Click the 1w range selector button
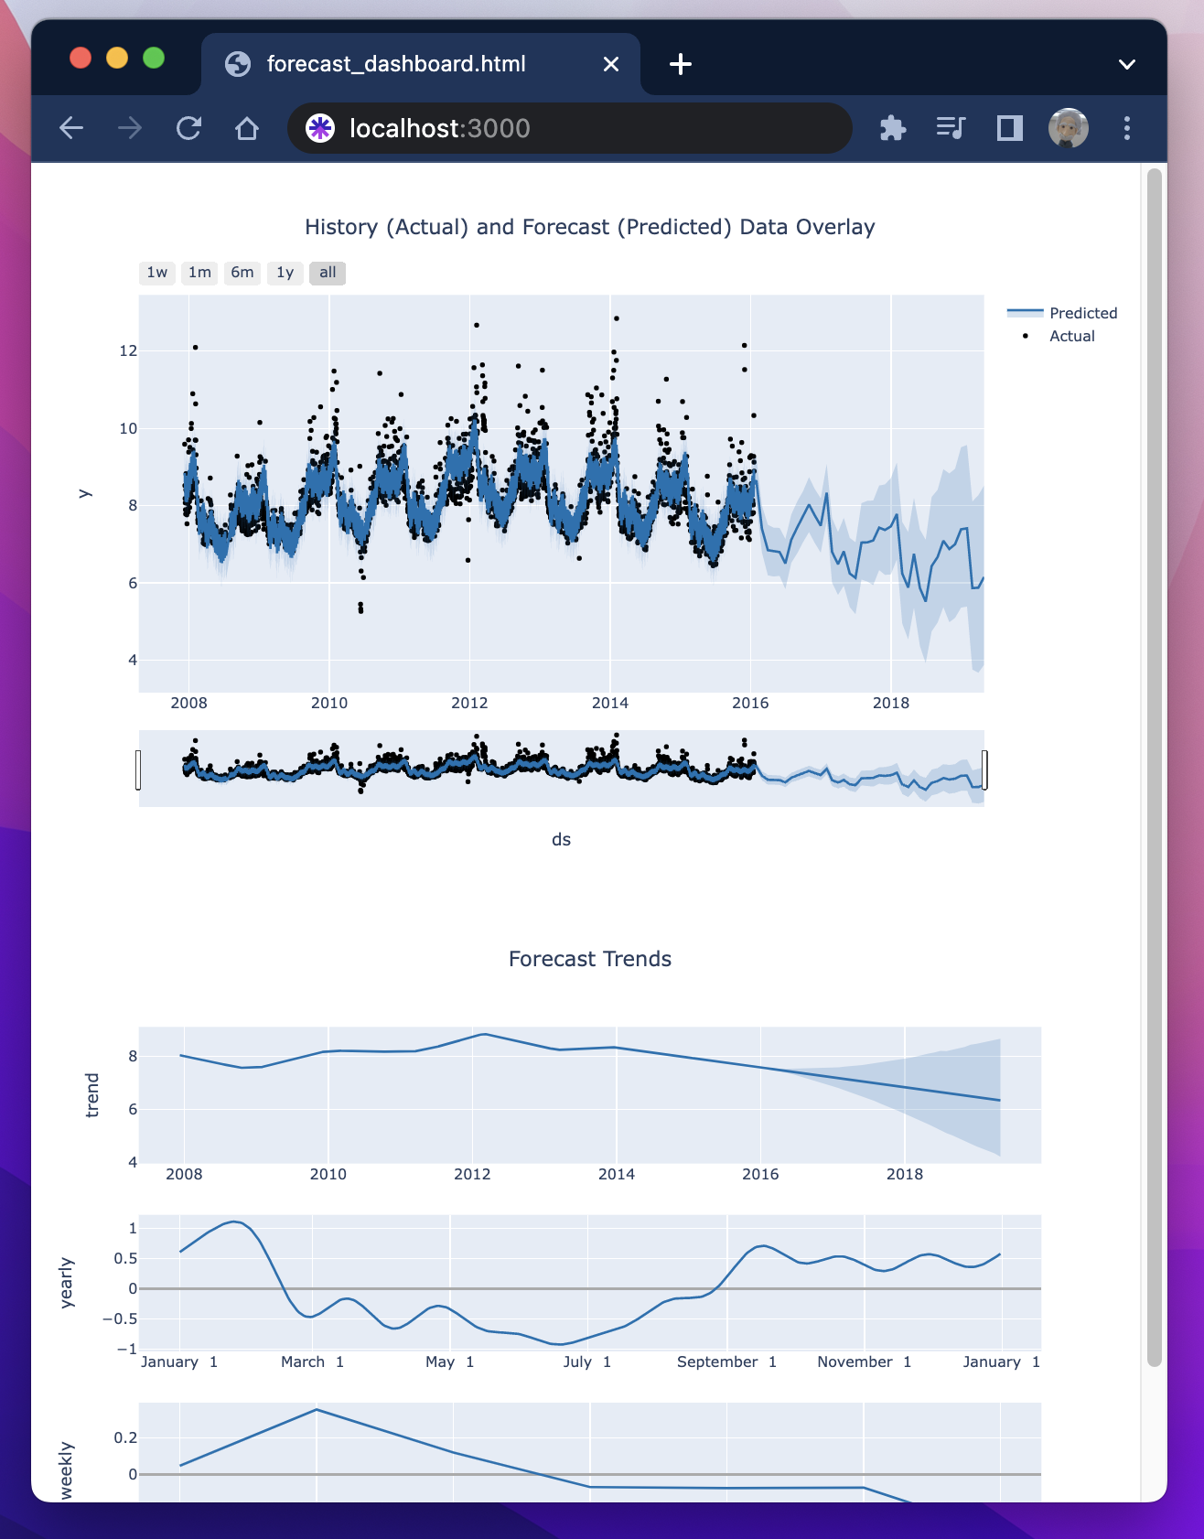(x=157, y=273)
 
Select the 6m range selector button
(x=242, y=273)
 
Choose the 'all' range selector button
(x=328, y=273)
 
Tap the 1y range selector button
(x=285, y=273)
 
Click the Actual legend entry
(x=1071, y=336)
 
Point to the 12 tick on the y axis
(x=128, y=350)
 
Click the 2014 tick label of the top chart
(x=610, y=703)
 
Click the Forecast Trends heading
(x=590, y=959)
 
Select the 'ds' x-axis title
(x=561, y=839)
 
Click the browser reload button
(x=188, y=128)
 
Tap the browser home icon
(x=247, y=128)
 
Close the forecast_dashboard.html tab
(x=611, y=64)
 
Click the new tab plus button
(x=681, y=64)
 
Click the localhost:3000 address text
(x=439, y=128)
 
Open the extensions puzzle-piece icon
(x=893, y=128)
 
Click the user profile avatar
(x=1068, y=128)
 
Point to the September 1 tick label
(x=726, y=1361)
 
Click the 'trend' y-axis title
(x=91, y=1095)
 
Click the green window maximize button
(x=154, y=59)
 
